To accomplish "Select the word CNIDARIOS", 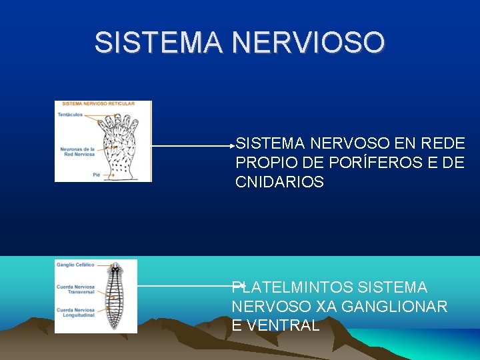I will point(279,182).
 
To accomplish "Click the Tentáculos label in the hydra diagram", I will point(70,115).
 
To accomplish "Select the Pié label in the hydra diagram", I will point(97,174).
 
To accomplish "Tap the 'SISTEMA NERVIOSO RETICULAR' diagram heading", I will point(98,103).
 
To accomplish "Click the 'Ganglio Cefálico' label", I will point(75,265).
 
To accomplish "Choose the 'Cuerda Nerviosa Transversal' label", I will point(75,289).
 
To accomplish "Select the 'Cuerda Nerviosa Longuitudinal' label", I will point(75,311).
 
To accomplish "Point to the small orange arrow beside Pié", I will point(106,174).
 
